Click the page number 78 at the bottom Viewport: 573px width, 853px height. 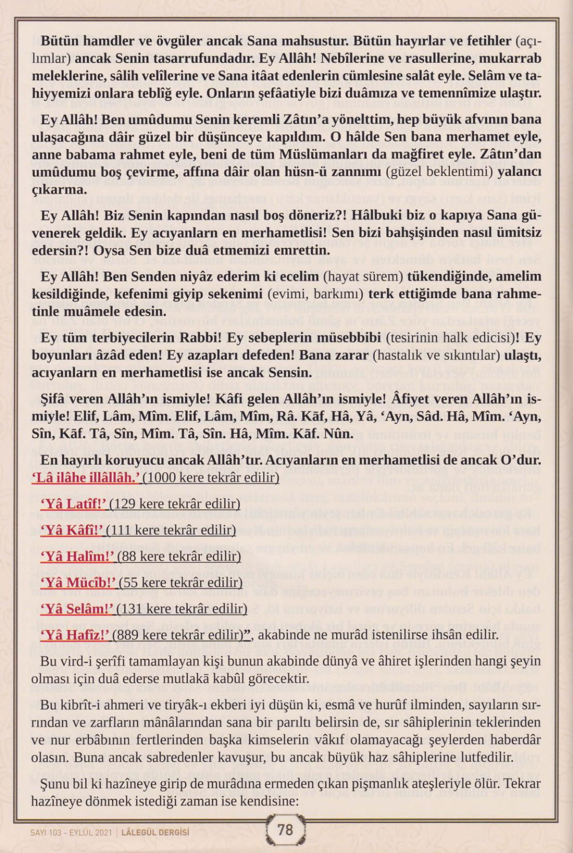[285, 830]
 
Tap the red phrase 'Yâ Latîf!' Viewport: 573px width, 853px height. [73, 504]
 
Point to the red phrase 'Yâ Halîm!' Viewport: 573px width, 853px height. [78, 556]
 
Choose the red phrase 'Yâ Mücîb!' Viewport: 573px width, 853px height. [79, 583]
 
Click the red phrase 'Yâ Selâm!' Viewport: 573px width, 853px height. [78, 609]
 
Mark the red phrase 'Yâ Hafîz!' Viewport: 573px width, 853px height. [76, 635]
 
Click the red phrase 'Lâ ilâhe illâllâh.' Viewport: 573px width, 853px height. [86, 477]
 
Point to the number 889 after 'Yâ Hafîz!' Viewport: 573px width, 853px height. [128, 635]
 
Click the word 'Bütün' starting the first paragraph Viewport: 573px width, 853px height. [58, 41]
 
